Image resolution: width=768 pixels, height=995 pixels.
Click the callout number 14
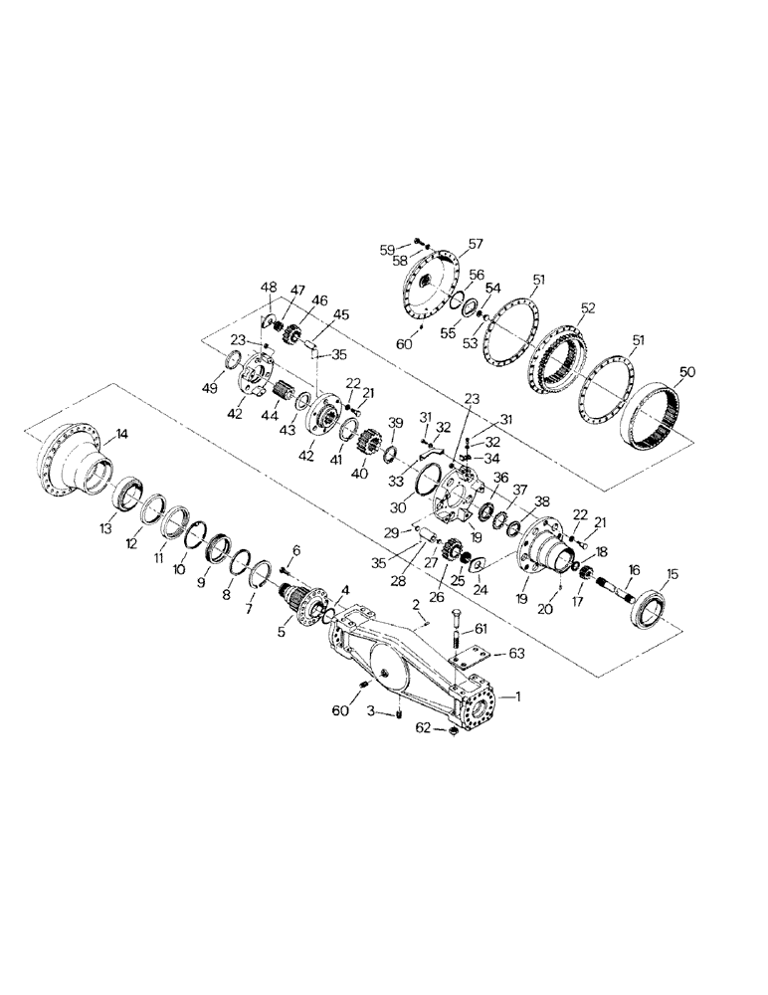coord(121,434)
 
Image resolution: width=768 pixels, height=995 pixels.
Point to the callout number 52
coord(589,308)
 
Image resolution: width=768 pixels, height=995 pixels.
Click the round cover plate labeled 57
coord(427,282)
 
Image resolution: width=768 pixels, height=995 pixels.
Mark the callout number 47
coord(297,289)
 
